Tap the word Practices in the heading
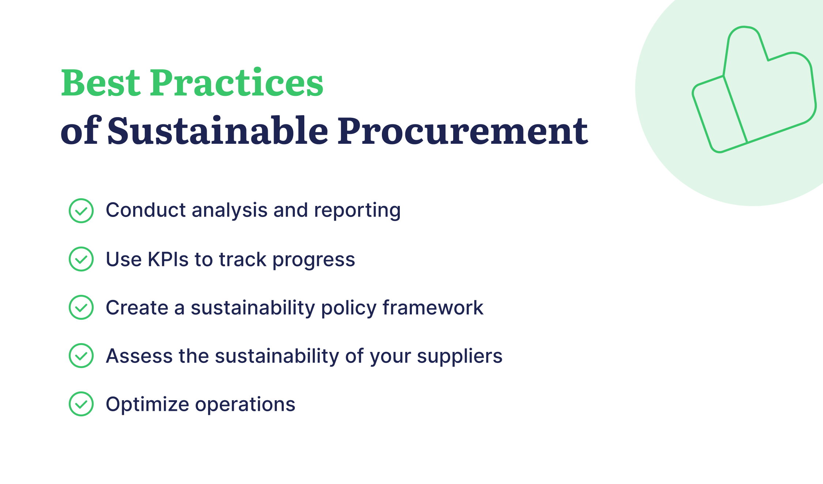tap(237, 83)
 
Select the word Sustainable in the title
tap(218, 130)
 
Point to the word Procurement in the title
tap(463, 131)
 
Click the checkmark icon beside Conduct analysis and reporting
tap(81, 211)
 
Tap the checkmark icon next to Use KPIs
tap(81, 259)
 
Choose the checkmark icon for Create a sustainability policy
tap(81, 307)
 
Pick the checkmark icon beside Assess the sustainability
tap(81, 356)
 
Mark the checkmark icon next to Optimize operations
tap(81, 404)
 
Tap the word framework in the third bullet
tap(433, 307)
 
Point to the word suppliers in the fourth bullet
tap(460, 357)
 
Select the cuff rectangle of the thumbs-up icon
tap(720, 114)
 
